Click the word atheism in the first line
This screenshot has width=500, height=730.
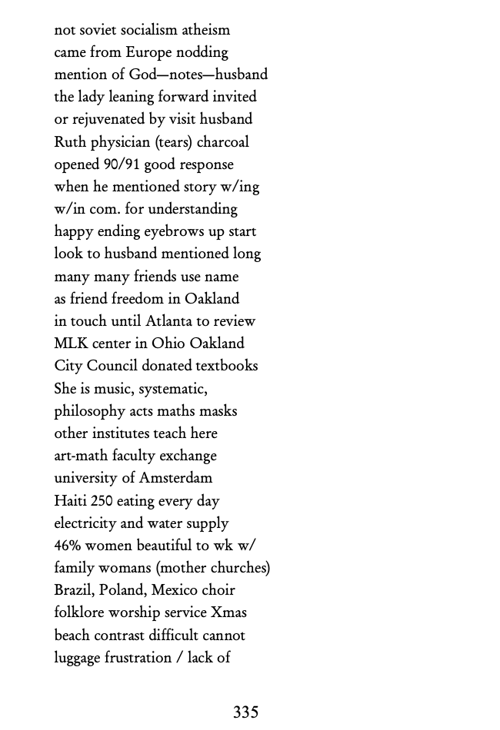click(x=205, y=30)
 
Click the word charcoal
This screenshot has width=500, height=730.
click(x=223, y=142)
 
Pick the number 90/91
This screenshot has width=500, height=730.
click(x=122, y=164)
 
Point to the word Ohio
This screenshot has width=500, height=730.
click(x=168, y=343)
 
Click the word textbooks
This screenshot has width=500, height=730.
click(x=226, y=366)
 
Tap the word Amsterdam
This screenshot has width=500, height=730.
click(x=175, y=478)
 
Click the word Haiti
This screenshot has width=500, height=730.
click(x=70, y=501)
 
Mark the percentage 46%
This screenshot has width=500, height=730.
click(x=68, y=546)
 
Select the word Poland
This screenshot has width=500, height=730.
click(x=122, y=590)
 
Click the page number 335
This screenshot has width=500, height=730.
click(x=245, y=712)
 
